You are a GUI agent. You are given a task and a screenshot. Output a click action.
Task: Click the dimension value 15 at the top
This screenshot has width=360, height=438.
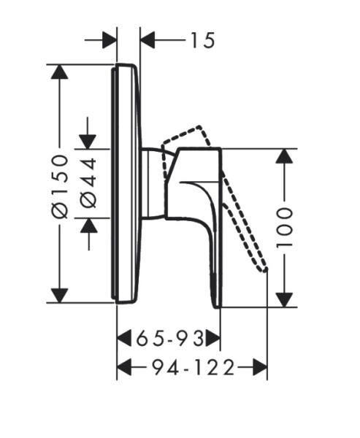[x=203, y=40]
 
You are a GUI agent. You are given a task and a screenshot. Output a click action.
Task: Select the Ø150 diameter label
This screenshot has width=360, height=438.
[x=60, y=186]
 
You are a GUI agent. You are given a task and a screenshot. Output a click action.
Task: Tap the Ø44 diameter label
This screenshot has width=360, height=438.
[x=88, y=183]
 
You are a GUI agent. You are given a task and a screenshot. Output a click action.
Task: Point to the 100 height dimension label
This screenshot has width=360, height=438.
[x=284, y=228]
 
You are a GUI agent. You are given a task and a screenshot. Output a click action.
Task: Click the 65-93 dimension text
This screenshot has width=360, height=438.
[x=170, y=338]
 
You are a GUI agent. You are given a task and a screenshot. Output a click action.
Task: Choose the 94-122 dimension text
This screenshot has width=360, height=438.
[x=193, y=367]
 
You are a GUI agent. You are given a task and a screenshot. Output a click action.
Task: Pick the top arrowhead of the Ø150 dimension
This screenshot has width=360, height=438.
[x=59, y=72]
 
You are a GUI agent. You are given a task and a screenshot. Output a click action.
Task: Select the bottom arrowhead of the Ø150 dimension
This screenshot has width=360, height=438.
[x=59, y=295]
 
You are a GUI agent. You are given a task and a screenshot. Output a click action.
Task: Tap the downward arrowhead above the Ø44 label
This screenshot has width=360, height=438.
[x=88, y=142]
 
